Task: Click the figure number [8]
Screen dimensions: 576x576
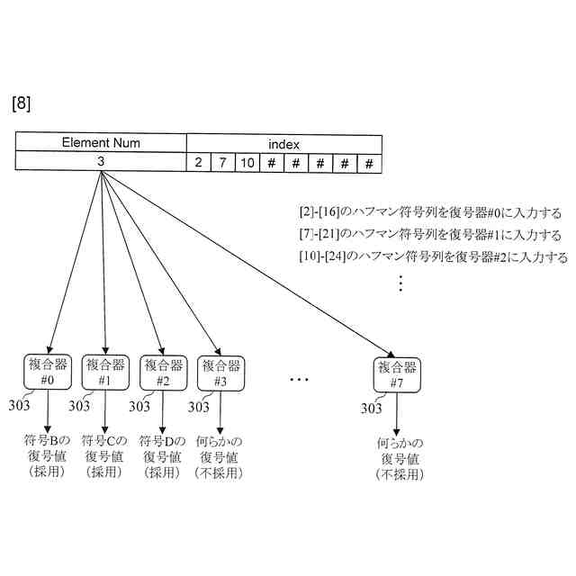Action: click(22, 103)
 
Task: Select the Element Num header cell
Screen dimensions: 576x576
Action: click(101, 143)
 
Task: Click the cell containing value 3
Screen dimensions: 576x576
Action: click(101, 162)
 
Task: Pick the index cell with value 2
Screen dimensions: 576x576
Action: click(198, 163)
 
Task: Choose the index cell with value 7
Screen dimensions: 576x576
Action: click(222, 163)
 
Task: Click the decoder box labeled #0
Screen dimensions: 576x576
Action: click(48, 373)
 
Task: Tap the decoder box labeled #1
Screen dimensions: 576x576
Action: click(104, 373)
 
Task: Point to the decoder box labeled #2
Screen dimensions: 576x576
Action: click(162, 373)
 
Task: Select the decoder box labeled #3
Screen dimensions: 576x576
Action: click(220, 373)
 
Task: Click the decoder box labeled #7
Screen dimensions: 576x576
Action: click(396, 374)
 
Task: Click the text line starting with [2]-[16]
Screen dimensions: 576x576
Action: click(430, 213)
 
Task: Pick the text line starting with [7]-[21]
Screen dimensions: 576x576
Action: click(430, 235)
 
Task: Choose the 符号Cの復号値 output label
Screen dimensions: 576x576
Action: click(104, 455)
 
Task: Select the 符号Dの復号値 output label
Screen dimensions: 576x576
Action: click(162, 455)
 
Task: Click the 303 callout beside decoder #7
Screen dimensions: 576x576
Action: click(373, 409)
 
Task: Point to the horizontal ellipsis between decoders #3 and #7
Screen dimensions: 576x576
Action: click(299, 381)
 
